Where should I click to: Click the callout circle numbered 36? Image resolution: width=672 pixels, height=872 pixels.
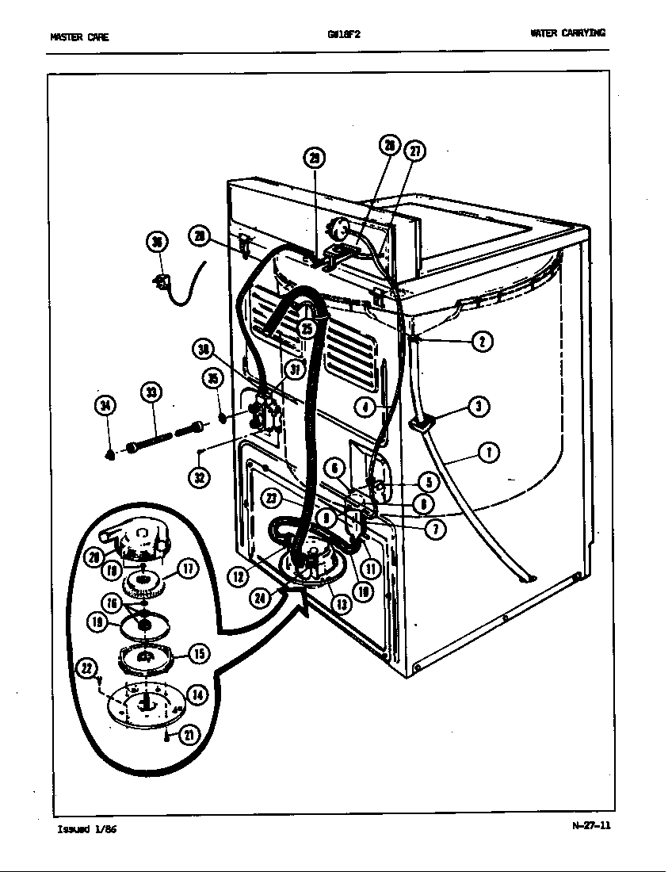[x=158, y=243]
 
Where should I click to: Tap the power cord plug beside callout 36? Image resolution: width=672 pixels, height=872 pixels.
[x=163, y=280]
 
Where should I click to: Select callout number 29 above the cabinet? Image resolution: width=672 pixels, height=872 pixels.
[x=314, y=159]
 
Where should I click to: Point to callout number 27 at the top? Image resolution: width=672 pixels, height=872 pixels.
[x=414, y=151]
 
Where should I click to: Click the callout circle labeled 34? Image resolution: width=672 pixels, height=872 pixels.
[x=105, y=407]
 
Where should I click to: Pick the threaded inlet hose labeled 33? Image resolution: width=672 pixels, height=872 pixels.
[x=163, y=438]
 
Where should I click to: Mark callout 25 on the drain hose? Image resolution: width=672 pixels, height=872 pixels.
[x=307, y=328]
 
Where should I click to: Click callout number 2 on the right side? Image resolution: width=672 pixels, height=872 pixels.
[x=482, y=342]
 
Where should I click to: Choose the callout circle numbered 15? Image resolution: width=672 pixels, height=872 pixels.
[x=198, y=653]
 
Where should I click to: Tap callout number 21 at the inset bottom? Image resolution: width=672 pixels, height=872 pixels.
[x=189, y=735]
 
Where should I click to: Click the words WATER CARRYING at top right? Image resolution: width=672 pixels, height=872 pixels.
[x=567, y=33]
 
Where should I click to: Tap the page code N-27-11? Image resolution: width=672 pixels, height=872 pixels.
[x=591, y=825]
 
